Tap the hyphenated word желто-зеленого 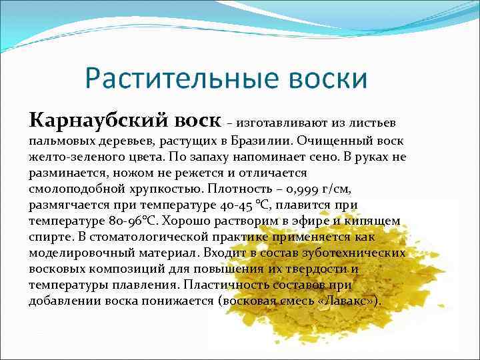[x=75, y=157]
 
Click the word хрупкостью [x=175, y=189]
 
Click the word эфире [x=309, y=221]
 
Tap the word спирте [x=51, y=237]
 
